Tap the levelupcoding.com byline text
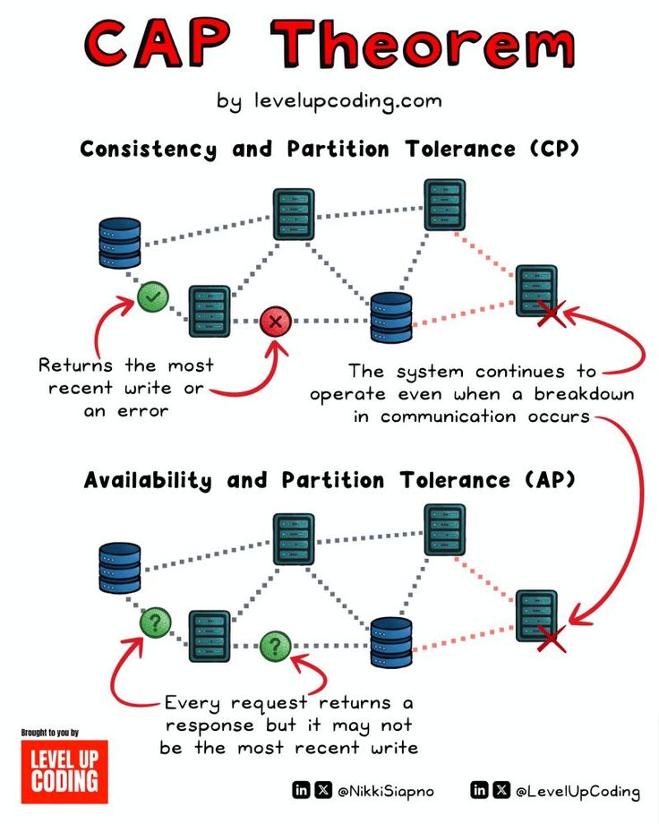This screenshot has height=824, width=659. [x=329, y=100]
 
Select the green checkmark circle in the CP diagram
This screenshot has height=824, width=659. [x=153, y=295]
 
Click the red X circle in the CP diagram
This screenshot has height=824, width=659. [x=276, y=321]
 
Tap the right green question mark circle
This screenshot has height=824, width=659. [x=275, y=645]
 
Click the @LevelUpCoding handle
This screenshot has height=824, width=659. [x=578, y=791]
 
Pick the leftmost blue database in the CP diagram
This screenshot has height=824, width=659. [x=119, y=242]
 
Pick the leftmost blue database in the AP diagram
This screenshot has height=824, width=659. [x=119, y=568]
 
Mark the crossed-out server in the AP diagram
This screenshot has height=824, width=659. [x=537, y=616]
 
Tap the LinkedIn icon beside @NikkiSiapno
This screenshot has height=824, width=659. [x=301, y=790]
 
